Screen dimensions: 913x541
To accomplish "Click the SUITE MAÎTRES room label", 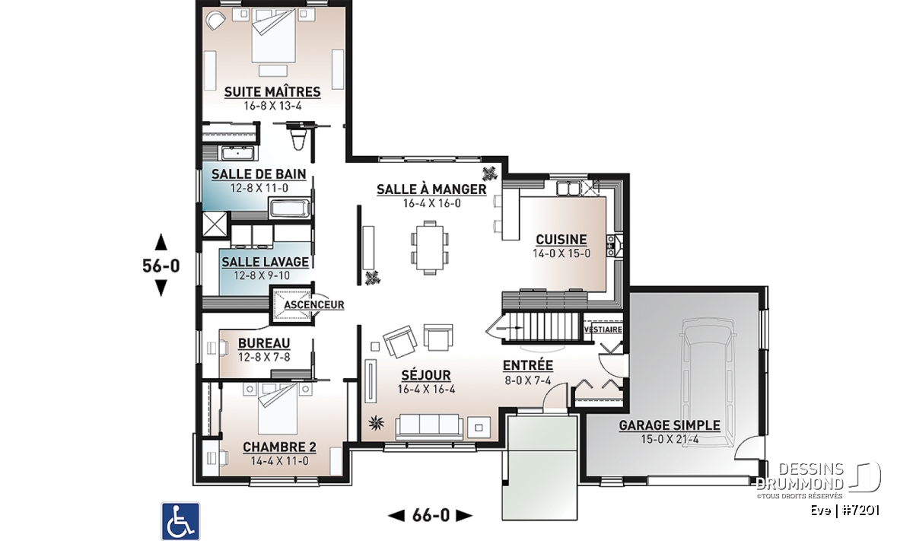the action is (x=272, y=92).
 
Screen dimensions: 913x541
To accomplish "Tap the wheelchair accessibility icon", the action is (x=180, y=521).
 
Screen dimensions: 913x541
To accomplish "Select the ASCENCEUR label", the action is (x=313, y=304).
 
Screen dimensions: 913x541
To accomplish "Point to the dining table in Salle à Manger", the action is (x=430, y=247).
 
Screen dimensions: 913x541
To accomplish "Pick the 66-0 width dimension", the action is (x=431, y=515).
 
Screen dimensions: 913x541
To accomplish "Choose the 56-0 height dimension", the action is (x=161, y=266).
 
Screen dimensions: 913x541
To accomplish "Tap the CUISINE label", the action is (x=561, y=240).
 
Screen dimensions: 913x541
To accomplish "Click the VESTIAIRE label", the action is (x=603, y=329).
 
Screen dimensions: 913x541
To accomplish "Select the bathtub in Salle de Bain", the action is (x=289, y=208).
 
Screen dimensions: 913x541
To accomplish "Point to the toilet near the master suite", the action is (x=298, y=138).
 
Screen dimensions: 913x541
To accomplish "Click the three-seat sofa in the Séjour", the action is (x=429, y=427).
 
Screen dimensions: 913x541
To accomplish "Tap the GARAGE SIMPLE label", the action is (x=670, y=425).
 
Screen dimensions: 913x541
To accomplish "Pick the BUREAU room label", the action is (x=264, y=343).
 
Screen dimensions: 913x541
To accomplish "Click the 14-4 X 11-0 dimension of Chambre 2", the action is (x=280, y=461).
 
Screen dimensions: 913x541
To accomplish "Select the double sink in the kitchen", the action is (x=568, y=189).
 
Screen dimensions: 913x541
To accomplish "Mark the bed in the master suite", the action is (x=273, y=36).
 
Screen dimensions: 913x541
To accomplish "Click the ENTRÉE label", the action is (x=528, y=365).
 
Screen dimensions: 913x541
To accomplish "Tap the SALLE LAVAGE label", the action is (x=265, y=262).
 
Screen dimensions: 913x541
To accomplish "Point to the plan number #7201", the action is (x=861, y=511).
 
